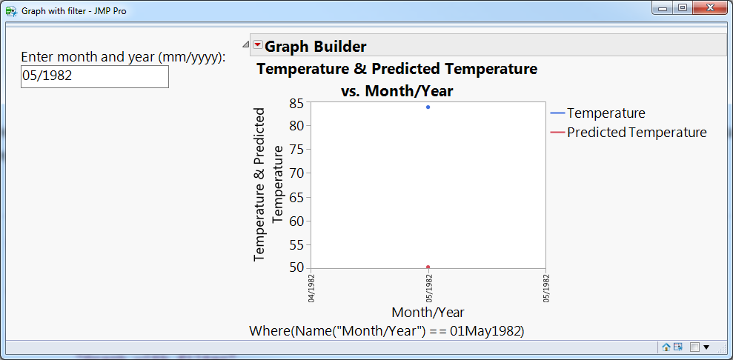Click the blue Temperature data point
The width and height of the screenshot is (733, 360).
click(x=428, y=107)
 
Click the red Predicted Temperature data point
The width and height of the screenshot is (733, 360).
click(x=428, y=267)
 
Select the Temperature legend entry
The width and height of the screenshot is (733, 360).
click(x=598, y=113)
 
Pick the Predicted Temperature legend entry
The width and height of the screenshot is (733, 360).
click(x=628, y=133)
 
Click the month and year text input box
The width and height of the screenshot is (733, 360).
click(x=94, y=76)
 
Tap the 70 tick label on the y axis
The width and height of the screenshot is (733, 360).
click(x=297, y=173)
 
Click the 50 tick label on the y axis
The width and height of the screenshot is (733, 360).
click(x=297, y=268)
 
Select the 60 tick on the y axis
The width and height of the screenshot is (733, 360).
click(x=297, y=221)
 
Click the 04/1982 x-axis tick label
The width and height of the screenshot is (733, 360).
click(x=311, y=289)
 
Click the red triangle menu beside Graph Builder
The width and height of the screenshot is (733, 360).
click(x=258, y=45)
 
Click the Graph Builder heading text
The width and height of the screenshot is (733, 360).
click(x=316, y=46)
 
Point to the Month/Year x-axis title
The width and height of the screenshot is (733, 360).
click(x=428, y=312)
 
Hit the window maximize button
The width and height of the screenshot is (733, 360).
click(x=683, y=8)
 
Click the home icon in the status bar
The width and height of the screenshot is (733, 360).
click(x=666, y=347)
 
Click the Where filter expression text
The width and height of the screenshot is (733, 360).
click(x=387, y=331)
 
